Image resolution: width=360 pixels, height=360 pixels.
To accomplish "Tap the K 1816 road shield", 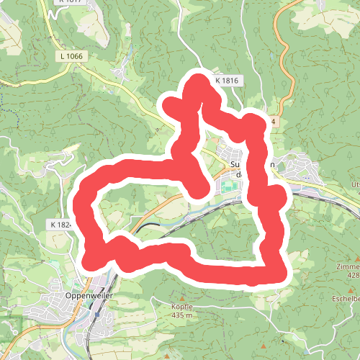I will tap(225, 81).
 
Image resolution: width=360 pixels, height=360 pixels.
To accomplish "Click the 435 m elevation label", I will tap(183, 315).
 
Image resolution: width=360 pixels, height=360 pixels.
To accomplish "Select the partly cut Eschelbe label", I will tap(346, 297).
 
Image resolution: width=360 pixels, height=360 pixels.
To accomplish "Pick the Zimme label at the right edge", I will tap(347, 266).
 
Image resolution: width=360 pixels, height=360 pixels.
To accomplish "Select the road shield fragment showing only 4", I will tap(274, 122).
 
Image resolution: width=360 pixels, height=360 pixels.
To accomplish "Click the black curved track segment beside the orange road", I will tap(148, 227).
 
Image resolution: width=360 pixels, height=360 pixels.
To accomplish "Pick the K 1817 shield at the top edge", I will tap(68, 2).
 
